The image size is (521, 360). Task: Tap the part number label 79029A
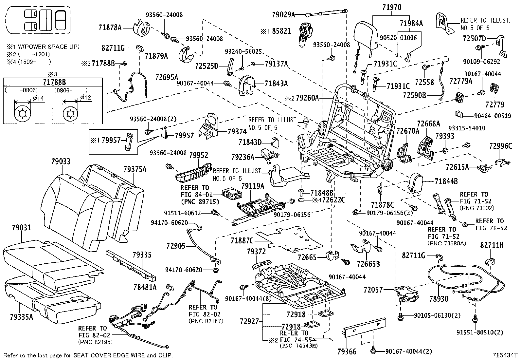click(283, 14)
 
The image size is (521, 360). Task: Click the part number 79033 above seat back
click(61, 161)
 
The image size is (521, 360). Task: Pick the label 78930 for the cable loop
click(439, 299)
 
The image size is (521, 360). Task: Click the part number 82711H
click(492, 245)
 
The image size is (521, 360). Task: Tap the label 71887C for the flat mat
click(242, 241)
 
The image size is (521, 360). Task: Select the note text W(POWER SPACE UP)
click(49, 47)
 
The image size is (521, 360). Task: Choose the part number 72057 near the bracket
click(373, 290)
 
